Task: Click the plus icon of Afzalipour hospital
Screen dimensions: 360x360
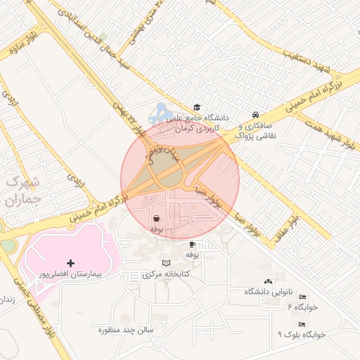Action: [x=70, y=262]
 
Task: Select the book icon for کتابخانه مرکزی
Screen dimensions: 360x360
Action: [x=166, y=263]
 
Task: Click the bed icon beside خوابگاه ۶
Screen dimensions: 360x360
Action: [x=302, y=297]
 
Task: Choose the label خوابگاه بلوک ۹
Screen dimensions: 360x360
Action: [x=302, y=335]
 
